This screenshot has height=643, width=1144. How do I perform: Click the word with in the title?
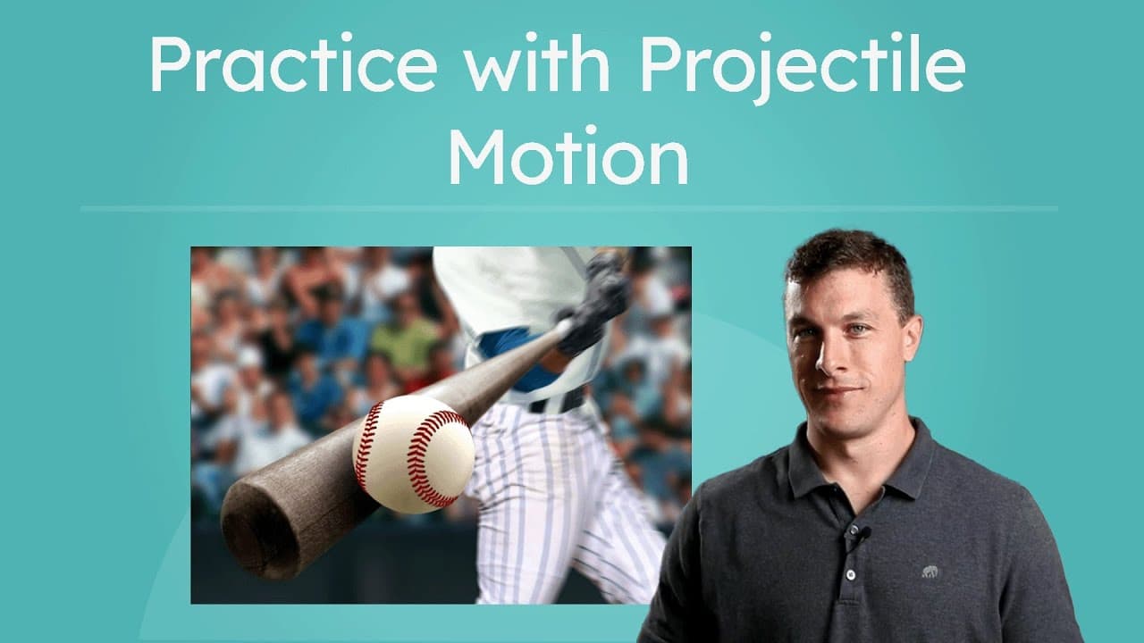coord(535,65)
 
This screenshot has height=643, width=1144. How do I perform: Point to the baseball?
coord(413,454)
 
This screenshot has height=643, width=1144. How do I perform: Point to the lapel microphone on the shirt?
coord(863,533)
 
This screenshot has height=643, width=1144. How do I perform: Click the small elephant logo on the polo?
coord(931,572)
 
